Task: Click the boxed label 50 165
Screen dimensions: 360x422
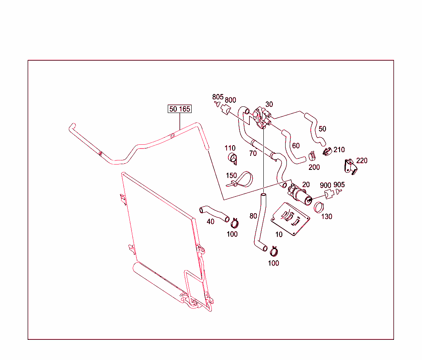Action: tap(180, 109)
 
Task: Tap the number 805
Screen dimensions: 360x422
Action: tap(218, 97)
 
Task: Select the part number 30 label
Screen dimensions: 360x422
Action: tap(269, 104)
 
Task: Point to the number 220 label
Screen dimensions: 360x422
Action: tap(361, 160)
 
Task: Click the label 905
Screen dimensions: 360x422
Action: tap(339, 184)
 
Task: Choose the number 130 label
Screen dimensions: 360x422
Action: tap(326, 216)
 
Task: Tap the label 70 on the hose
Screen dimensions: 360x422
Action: tap(253, 153)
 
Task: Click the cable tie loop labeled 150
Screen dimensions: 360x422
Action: tap(241, 180)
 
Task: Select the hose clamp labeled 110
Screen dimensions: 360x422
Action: tap(233, 158)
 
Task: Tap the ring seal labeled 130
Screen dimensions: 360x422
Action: tap(319, 207)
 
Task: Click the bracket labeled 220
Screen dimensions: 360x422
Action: tap(349, 166)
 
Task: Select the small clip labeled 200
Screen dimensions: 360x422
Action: tap(312, 155)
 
